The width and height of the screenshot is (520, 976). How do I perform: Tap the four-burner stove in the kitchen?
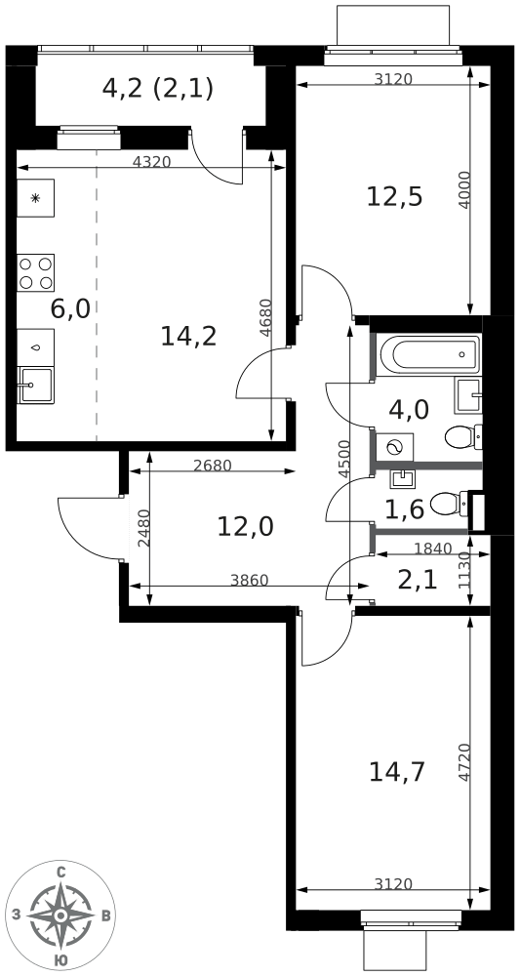click(35, 272)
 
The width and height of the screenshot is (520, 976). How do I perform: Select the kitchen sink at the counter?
click(35, 386)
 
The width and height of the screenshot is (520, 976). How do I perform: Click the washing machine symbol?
click(395, 447)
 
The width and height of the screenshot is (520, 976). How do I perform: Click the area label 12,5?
click(394, 197)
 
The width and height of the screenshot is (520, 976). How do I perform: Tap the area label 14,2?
click(188, 337)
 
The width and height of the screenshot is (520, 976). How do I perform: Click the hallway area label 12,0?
click(246, 527)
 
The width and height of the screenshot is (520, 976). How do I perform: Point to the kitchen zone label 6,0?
click(70, 308)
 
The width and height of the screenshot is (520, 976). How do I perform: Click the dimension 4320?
click(152, 162)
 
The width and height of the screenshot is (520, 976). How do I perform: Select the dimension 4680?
click(265, 319)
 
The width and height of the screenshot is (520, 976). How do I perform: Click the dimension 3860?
click(249, 581)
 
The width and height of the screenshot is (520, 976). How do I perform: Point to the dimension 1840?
click(431, 549)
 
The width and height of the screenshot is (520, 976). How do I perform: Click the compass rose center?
click(60, 915)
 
